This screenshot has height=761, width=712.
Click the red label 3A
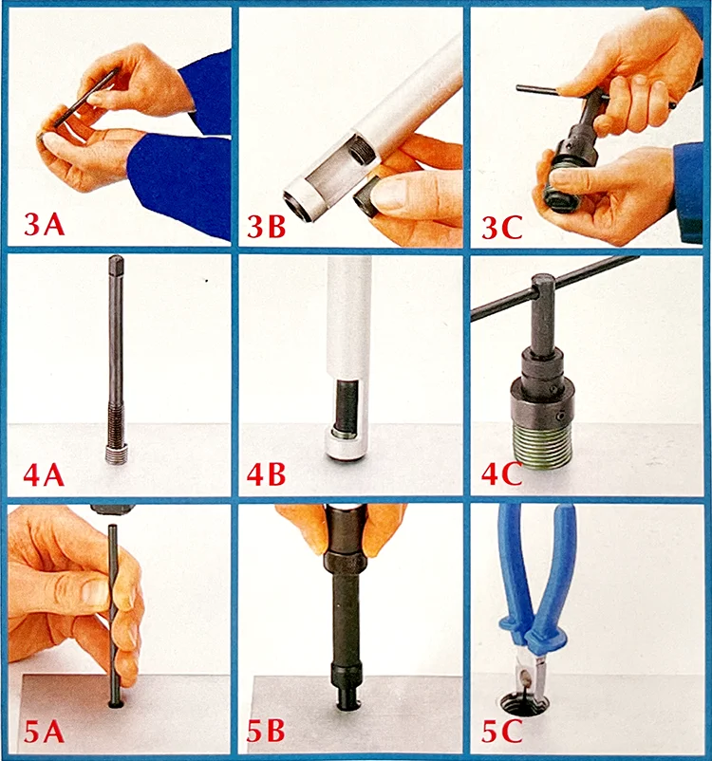[45, 225]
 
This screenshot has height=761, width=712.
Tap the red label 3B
[266, 226]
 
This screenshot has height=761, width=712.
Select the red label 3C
[501, 227]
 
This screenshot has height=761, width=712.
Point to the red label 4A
[44, 474]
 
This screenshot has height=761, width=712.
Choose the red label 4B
[266, 474]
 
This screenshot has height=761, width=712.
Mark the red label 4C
[501, 474]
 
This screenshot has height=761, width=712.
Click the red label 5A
[45, 731]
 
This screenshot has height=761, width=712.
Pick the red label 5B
[265, 731]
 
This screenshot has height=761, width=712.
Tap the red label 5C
[501, 731]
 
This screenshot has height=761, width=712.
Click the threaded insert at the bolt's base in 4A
[116, 455]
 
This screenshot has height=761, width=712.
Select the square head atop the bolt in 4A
[117, 264]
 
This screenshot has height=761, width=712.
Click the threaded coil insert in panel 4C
[541, 445]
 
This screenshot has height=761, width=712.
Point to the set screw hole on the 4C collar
[561, 416]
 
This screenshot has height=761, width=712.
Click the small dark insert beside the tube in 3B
[365, 198]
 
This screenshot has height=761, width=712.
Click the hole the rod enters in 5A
[116, 703]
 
